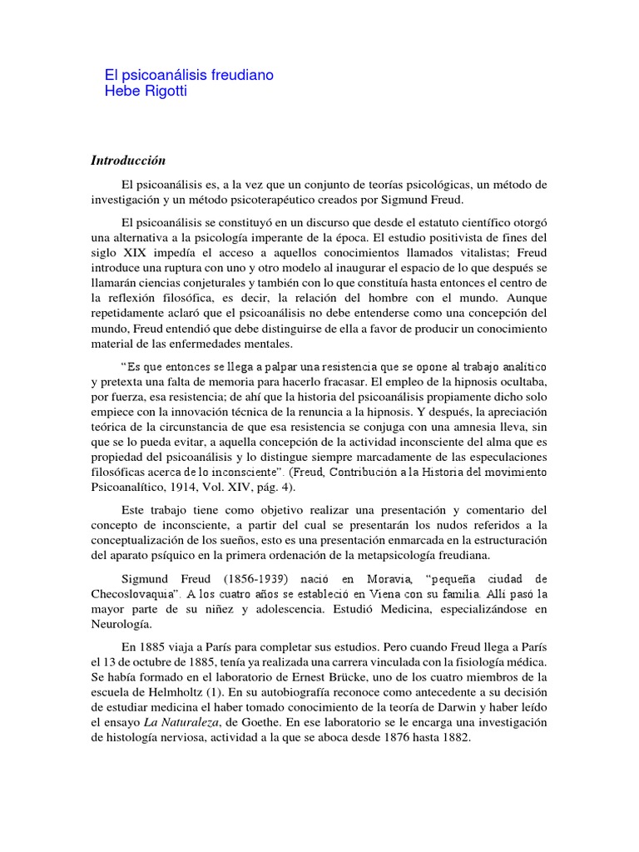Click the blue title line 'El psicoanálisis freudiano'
pos(189,75)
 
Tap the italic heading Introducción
pos(129,160)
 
